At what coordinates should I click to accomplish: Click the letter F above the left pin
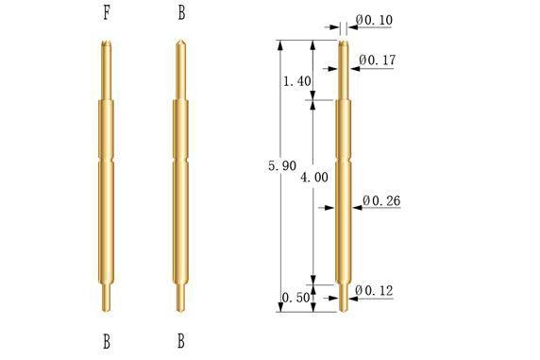pos(107,13)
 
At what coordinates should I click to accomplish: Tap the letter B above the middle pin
pos(181,13)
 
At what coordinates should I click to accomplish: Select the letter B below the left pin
pos(107,341)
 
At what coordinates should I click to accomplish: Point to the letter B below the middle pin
pos(181,341)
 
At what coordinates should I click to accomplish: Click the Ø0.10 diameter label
pos(374,20)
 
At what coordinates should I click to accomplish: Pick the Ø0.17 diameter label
pos(378,60)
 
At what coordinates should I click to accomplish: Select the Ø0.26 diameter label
pos(381,200)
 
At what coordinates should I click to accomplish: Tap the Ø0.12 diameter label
pos(374,291)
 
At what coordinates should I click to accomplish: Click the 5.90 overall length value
pos(282,166)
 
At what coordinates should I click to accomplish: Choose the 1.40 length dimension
pos(296,81)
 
